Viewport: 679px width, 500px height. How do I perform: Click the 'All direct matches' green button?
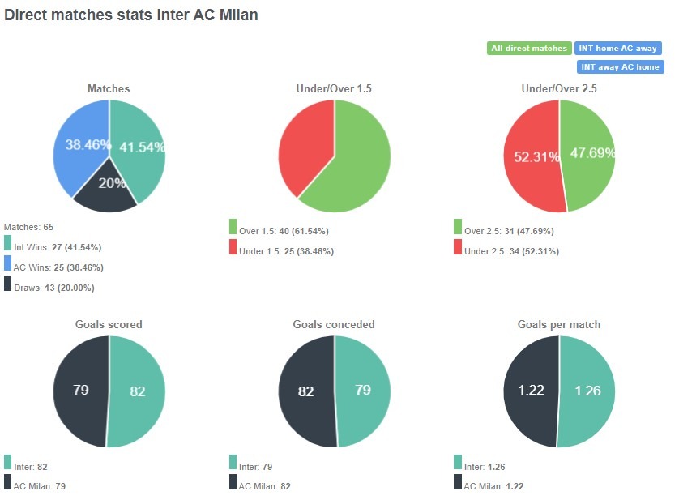tap(529, 49)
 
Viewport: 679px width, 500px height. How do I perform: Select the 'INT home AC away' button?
tap(618, 49)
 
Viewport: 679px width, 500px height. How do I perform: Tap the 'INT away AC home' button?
tap(620, 67)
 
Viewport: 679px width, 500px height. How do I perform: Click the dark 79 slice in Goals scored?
tap(80, 390)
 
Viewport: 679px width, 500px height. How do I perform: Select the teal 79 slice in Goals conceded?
tap(363, 390)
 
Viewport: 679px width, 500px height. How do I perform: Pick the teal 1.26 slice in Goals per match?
tap(588, 391)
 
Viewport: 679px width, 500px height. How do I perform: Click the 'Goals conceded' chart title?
tap(334, 324)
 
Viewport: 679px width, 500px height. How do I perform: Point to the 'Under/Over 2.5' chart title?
tap(559, 88)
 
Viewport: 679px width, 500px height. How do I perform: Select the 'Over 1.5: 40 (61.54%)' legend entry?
tap(284, 231)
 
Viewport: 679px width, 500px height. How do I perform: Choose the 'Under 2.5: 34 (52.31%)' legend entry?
tap(511, 251)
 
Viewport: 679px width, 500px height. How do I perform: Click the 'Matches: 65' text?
tap(28, 227)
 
